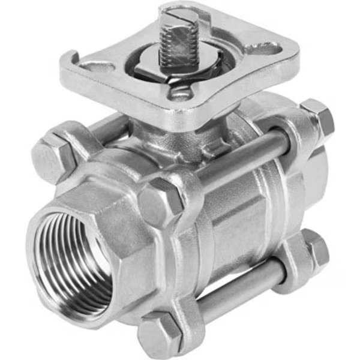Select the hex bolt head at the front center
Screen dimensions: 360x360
point(160,201)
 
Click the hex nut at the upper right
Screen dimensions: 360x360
point(318,117)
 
